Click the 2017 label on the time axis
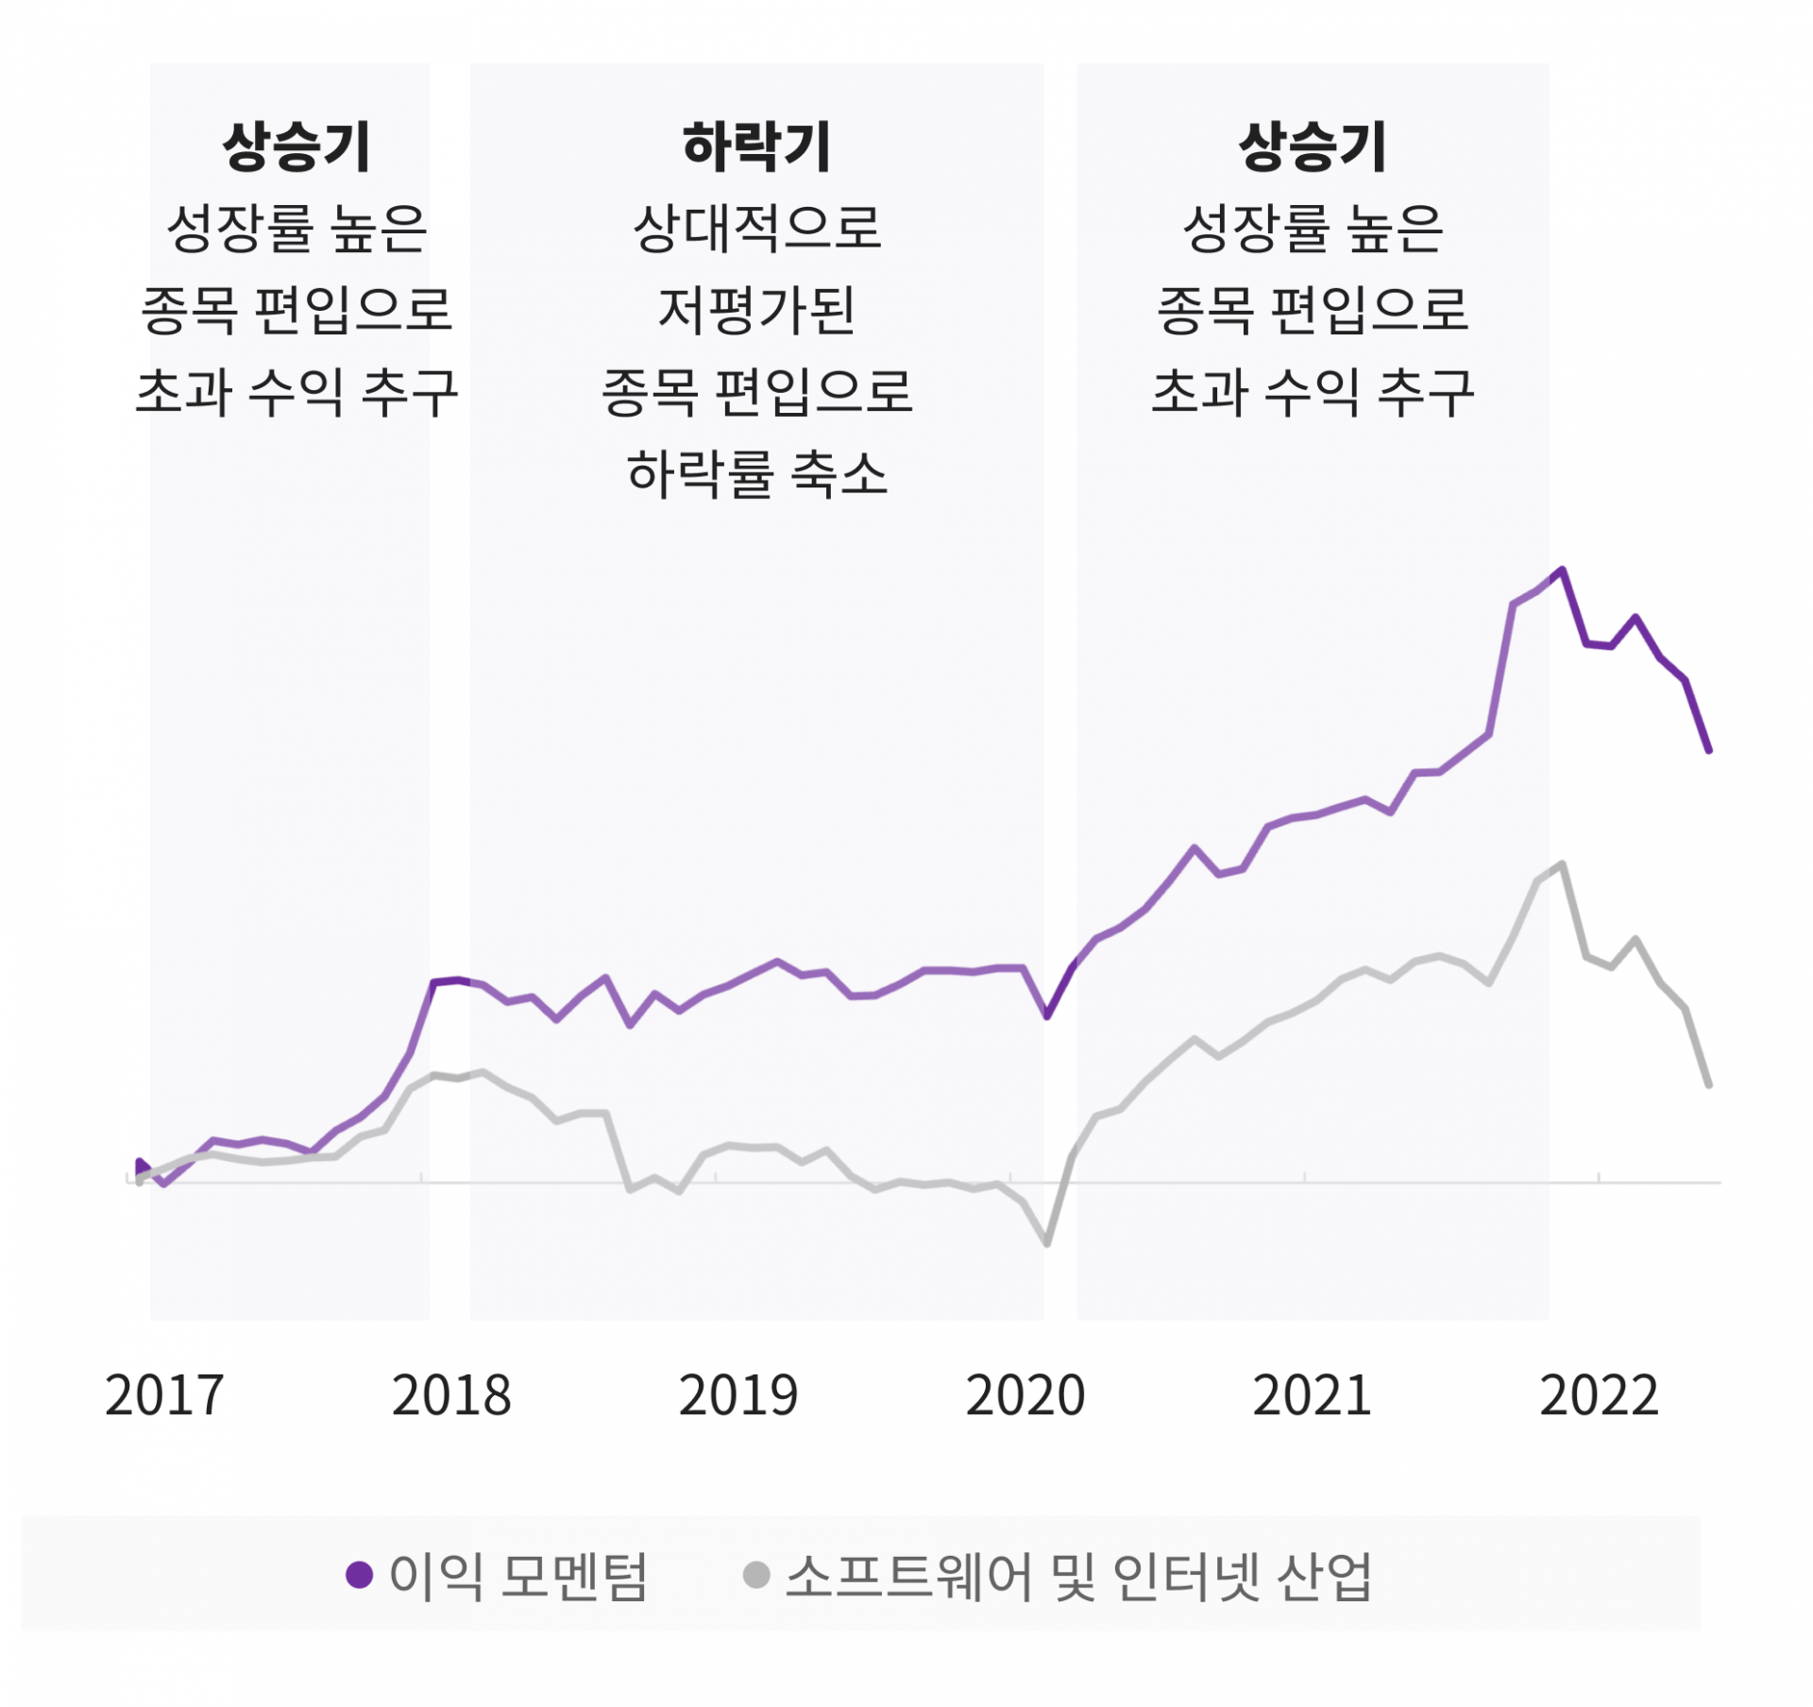[164, 1395]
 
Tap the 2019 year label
[737, 1395]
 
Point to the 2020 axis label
[1025, 1395]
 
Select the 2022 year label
[1599, 1395]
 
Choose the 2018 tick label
[451, 1395]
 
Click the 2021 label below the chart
[1312, 1395]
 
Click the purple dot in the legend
[359, 1575]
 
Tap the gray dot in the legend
[756, 1575]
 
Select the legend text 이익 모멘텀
[518, 1576]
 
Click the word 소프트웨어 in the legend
[909, 1576]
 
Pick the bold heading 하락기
[756, 147]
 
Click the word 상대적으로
[756, 229]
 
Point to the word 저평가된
[756, 311]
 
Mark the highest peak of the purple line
[1563, 570]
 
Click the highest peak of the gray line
[1563, 864]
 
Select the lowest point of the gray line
[1047, 1243]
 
